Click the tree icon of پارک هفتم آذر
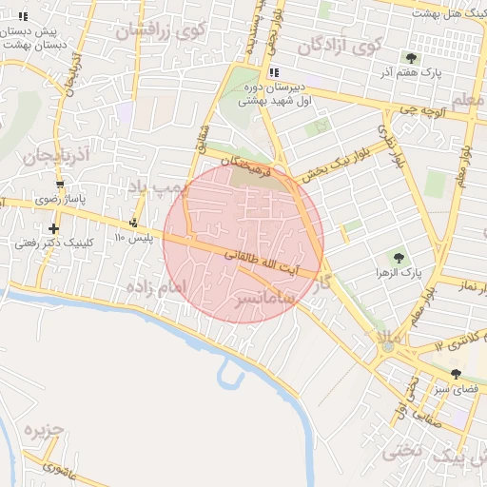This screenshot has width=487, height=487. point(411,58)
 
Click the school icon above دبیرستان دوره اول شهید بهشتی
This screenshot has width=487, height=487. point(274,73)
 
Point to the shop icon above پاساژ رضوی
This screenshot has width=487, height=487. point(61,185)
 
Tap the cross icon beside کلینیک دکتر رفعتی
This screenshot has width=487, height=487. point(53,228)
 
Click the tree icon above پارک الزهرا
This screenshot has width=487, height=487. point(398,257)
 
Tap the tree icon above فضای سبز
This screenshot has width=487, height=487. point(456,374)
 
